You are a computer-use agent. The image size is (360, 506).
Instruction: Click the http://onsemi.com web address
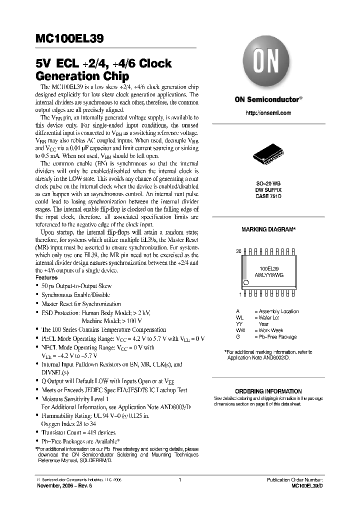268,113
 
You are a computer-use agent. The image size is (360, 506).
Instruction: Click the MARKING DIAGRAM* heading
268,229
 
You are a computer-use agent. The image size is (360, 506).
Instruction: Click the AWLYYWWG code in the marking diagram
269,275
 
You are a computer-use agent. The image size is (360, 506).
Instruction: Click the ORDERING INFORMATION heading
268,391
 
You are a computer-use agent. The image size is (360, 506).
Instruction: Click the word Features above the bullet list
46,277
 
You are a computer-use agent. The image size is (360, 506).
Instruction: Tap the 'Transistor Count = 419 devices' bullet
78,432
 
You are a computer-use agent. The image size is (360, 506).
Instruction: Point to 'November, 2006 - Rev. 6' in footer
62,485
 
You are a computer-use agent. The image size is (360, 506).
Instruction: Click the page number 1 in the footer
179,479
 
